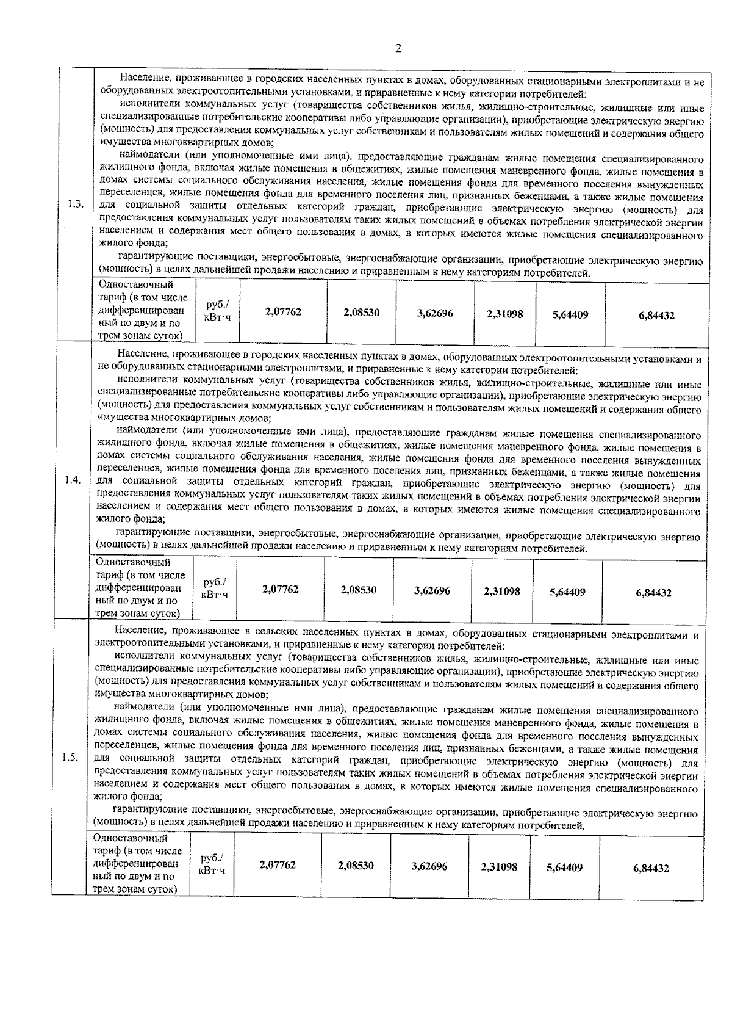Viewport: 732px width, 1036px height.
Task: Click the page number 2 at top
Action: click(398, 49)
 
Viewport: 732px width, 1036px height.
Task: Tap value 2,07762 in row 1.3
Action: click(283, 312)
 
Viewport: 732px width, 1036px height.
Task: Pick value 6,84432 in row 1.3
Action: click(656, 316)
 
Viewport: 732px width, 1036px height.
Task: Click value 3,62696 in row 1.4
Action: click(432, 590)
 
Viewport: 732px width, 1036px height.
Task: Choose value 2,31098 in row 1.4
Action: click(501, 591)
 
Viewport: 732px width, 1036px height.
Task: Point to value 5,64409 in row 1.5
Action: click(563, 868)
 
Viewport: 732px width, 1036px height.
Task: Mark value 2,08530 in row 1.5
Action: click(356, 866)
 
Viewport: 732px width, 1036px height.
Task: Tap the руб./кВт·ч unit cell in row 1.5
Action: click(211, 864)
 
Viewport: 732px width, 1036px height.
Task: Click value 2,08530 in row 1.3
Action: click(361, 312)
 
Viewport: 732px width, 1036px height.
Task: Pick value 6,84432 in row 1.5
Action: click(650, 868)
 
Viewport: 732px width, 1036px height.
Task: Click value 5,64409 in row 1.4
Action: click(567, 592)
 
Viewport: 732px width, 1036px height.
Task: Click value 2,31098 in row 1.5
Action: click(498, 867)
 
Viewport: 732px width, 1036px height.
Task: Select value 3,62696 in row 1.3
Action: click(435, 313)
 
